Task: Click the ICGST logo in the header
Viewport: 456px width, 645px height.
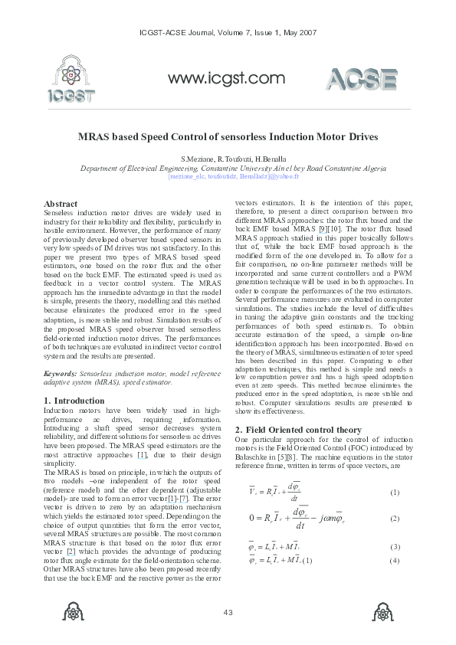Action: [x=71, y=81]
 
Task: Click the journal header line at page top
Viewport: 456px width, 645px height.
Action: [x=228, y=33]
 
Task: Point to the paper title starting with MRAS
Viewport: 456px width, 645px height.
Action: [x=228, y=137]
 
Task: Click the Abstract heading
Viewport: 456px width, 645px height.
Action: [x=61, y=204]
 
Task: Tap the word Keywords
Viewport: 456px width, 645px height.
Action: [x=61, y=373]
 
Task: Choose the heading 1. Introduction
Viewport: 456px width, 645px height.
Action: [x=74, y=401]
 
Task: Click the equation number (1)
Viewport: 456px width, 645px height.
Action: [x=394, y=492]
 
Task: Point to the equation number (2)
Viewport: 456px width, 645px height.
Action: [x=394, y=519]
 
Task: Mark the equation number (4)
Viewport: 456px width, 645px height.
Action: [x=394, y=562]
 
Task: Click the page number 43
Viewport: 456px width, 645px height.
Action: [x=228, y=611]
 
